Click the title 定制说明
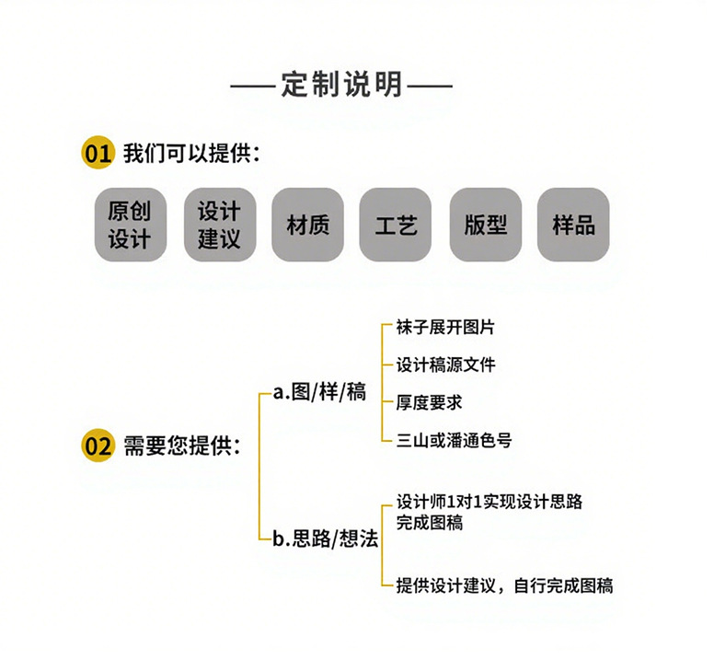pos(341,85)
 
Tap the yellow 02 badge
pos(98,446)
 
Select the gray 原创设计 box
pos(130,225)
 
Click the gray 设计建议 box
pos(218,225)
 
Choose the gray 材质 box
pos(307,225)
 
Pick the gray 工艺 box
pos(396,225)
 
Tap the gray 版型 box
pos(486,225)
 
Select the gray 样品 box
pos(573,225)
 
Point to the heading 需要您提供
pos(182,446)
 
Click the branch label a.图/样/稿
pos(319,392)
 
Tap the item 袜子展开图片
pos(445,328)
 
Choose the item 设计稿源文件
pos(445,365)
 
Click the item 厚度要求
pos(429,402)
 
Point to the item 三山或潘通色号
pos(454,440)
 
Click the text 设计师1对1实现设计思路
pos(489,503)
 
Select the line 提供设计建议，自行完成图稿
pos(504,585)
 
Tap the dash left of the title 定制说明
pos(253,87)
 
